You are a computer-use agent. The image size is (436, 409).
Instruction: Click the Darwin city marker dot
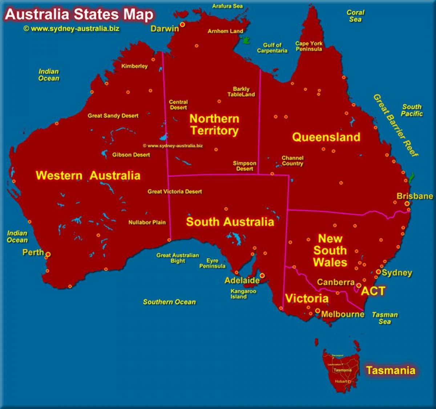pos(182,25)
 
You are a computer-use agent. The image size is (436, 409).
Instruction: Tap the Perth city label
pos(33,252)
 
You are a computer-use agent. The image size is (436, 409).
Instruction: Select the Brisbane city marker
pos(407,204)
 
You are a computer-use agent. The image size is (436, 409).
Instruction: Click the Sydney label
pos(397,273)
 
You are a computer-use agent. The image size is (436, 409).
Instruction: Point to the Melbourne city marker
pos(318,311)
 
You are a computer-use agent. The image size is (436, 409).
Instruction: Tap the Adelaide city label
pos(242,280)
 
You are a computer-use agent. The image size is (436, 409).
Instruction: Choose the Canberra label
pos(336,282)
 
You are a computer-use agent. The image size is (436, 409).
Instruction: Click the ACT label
pos(373,291)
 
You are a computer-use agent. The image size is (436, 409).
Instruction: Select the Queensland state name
pos(326,137)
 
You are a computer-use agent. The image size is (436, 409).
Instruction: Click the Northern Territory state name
pos(214,124)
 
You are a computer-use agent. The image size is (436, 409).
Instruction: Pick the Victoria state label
pos(307,298)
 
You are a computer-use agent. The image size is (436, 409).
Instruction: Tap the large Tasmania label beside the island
pos(391,370)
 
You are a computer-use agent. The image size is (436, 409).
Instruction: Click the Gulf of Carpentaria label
pos(272,48)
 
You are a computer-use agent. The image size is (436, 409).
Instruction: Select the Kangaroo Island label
pos(243,294)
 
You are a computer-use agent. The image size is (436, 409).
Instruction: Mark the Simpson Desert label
pos(245,166)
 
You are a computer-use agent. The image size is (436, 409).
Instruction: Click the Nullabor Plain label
pos(147,222)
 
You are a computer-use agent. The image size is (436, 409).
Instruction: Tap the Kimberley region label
pos(134,66)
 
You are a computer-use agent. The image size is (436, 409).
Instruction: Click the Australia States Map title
pos(79,15)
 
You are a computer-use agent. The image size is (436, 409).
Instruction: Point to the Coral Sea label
pos(355,16)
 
